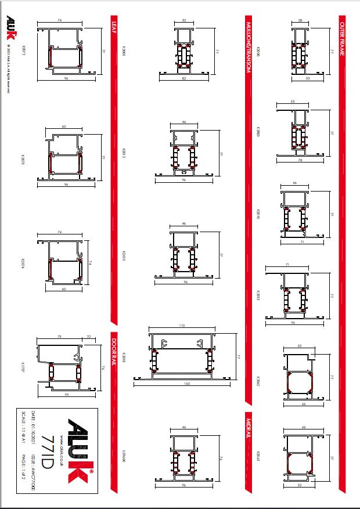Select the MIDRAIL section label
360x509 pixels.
pyautogui.click(x=248, y=428)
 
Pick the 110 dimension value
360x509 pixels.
pyautogui.click(x=183, y=326)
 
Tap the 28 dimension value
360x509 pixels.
pyautogui.click(x=300, y=20)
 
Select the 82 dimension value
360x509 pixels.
pyautogui.click(x=184, y=77)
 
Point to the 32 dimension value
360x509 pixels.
pyautogui.click(x=184, y=20)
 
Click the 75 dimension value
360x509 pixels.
pyautogui.click(x=59, y=335)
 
